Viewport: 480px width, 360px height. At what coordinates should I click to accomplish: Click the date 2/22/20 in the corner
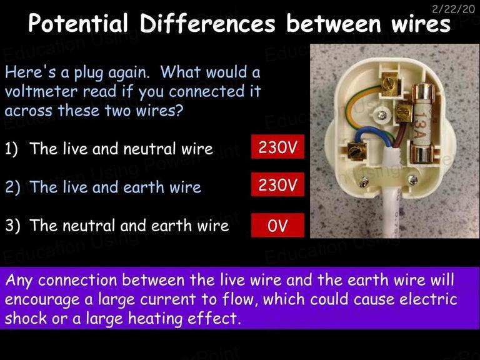[453, 9]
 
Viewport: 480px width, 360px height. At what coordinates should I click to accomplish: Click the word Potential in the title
[78, 23]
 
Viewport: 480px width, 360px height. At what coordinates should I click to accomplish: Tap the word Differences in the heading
[208, 23]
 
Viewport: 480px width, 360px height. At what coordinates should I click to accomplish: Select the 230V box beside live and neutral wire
[277, 147]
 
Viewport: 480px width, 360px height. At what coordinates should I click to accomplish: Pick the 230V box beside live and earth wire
[277, 184]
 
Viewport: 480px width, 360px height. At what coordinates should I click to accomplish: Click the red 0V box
[277, 225]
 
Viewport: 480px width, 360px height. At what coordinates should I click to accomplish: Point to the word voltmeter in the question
[41, 91]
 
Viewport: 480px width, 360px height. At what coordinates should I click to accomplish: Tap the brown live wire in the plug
[399, 135]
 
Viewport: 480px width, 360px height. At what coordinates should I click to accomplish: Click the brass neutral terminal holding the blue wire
[357, 151]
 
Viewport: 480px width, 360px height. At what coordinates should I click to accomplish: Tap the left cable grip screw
[364, 182]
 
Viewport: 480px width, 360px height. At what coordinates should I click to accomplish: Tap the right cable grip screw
[412, 180]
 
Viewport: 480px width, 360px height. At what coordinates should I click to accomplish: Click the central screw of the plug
[382, 115]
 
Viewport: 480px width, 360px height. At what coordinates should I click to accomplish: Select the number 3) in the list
[12, 226]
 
